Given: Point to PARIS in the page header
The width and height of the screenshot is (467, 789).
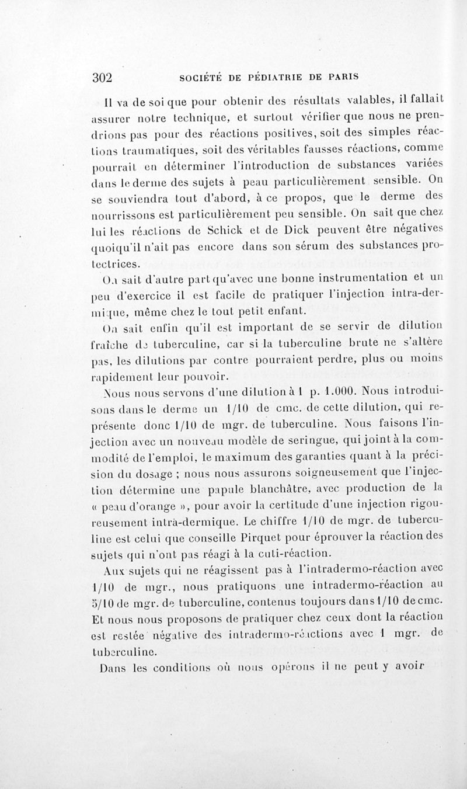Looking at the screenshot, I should coord(339,77).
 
